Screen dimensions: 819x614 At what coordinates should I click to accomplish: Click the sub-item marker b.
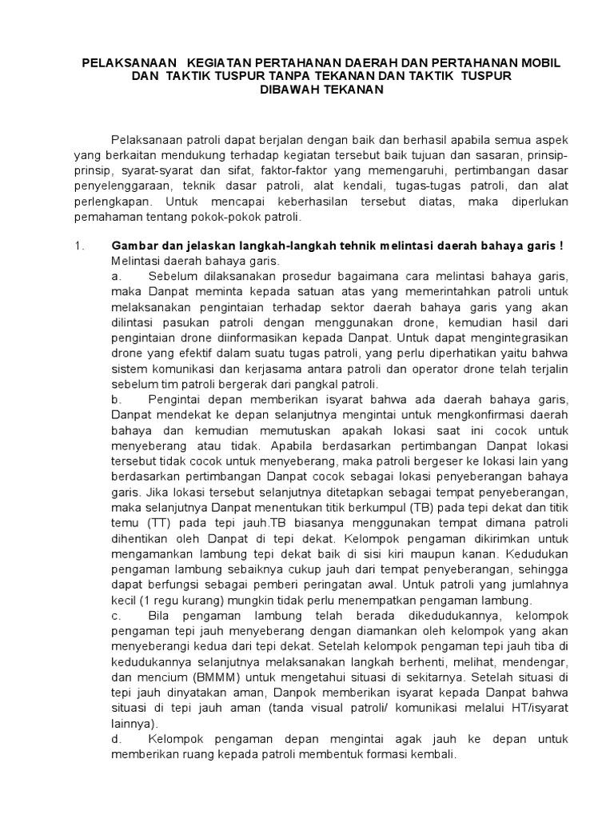click(x=116, y=398)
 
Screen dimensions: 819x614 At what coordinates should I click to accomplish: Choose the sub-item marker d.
click(x=116, y=740)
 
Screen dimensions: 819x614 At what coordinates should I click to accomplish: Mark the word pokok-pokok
click(x=241, y=216)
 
